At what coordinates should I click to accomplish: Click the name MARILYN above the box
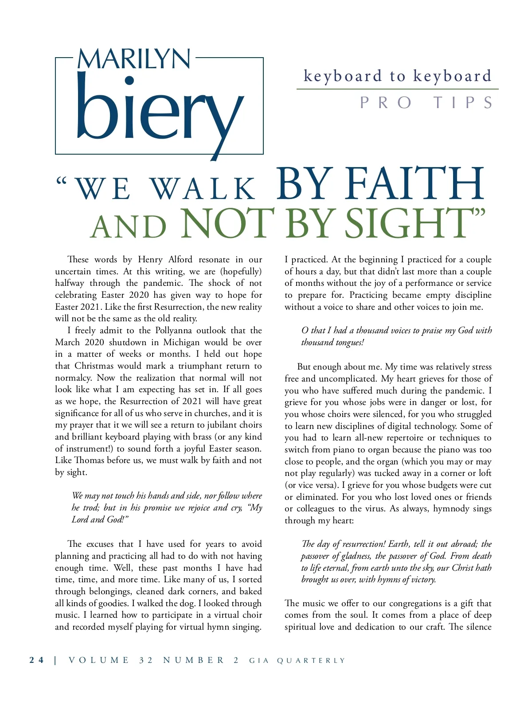(x=134, y=59)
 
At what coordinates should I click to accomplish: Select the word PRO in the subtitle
(x=386, y=103)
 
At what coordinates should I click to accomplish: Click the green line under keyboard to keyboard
(x=397, y=90)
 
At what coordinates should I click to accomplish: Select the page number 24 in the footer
(x=37, y=660)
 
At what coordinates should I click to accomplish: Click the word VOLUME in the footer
(x=99, y=660)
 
